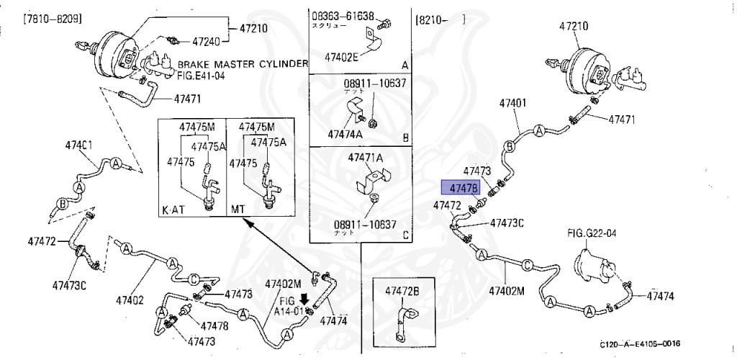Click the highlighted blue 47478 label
pos(462,189)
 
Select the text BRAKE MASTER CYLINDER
pos(243,64)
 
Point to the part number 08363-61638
pos(343,15)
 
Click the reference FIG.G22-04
pos(591,233)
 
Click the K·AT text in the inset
pos(173,210)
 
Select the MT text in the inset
pos(237,210)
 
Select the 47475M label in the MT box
pos(258,127)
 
